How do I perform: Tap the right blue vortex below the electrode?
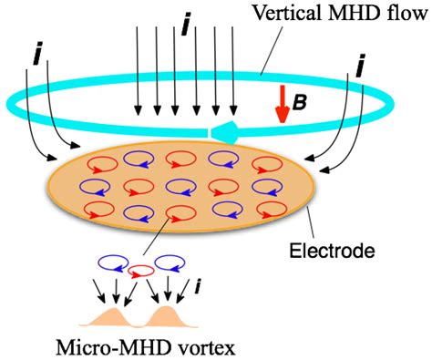pos(172,263)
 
